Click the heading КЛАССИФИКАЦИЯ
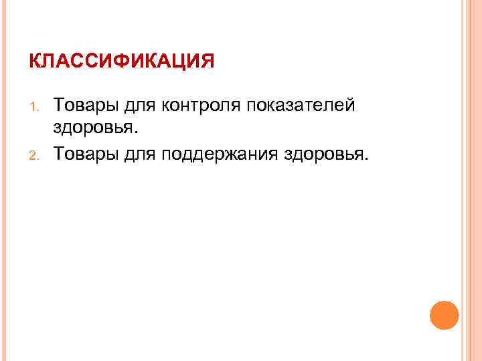pos(121,62)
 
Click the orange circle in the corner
pos(443,316)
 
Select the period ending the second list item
pos(366,158)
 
